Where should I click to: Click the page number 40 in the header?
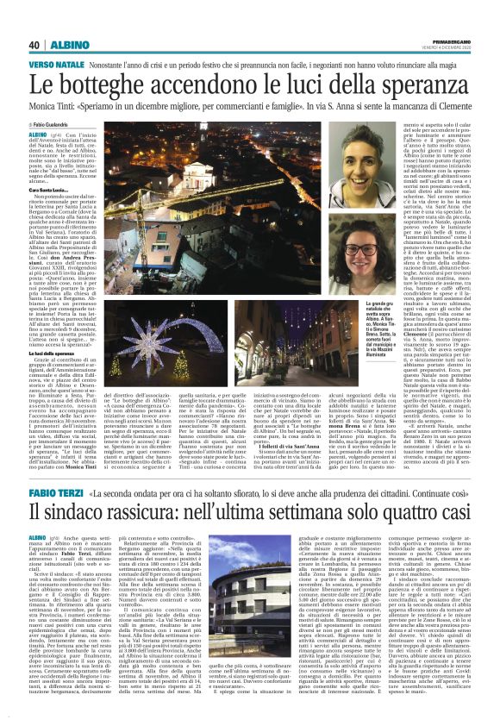(x=34, y=45)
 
